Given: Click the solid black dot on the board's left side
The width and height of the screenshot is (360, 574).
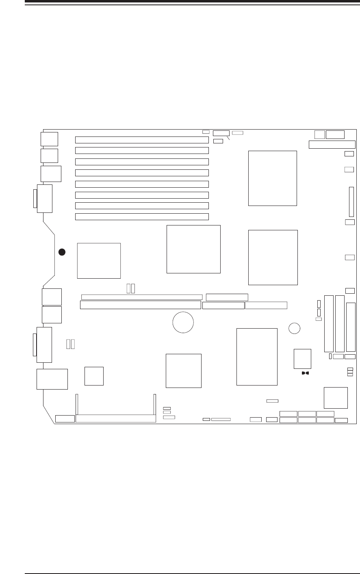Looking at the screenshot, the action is coord(61,252).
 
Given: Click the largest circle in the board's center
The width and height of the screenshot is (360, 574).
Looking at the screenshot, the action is coord(183,323).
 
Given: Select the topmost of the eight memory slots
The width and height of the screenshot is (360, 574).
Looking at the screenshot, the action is coord(142,140).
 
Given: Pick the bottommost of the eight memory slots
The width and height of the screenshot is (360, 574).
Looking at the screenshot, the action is coord(142,217).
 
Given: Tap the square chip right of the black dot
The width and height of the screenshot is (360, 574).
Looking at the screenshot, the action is coord(99,261).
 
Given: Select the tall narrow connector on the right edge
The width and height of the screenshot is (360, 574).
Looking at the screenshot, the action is coord(351,202).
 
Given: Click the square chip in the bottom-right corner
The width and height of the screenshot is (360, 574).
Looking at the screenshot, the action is coord(336,398).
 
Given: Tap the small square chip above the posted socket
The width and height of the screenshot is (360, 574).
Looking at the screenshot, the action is coord(94,376).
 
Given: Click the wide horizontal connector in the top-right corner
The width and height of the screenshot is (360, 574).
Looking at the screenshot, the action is coord(332,145).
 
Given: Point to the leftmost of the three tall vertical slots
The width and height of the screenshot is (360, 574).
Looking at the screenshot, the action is coord(329,323).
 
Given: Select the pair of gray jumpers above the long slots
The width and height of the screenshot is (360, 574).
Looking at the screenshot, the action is coord(131,288).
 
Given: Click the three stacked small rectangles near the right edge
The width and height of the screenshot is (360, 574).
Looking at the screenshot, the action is coord(350,372).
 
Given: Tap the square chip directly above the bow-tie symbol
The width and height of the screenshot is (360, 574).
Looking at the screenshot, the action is coord(302,359).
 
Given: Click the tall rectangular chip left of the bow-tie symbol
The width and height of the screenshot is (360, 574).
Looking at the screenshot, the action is coord(257,357).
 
